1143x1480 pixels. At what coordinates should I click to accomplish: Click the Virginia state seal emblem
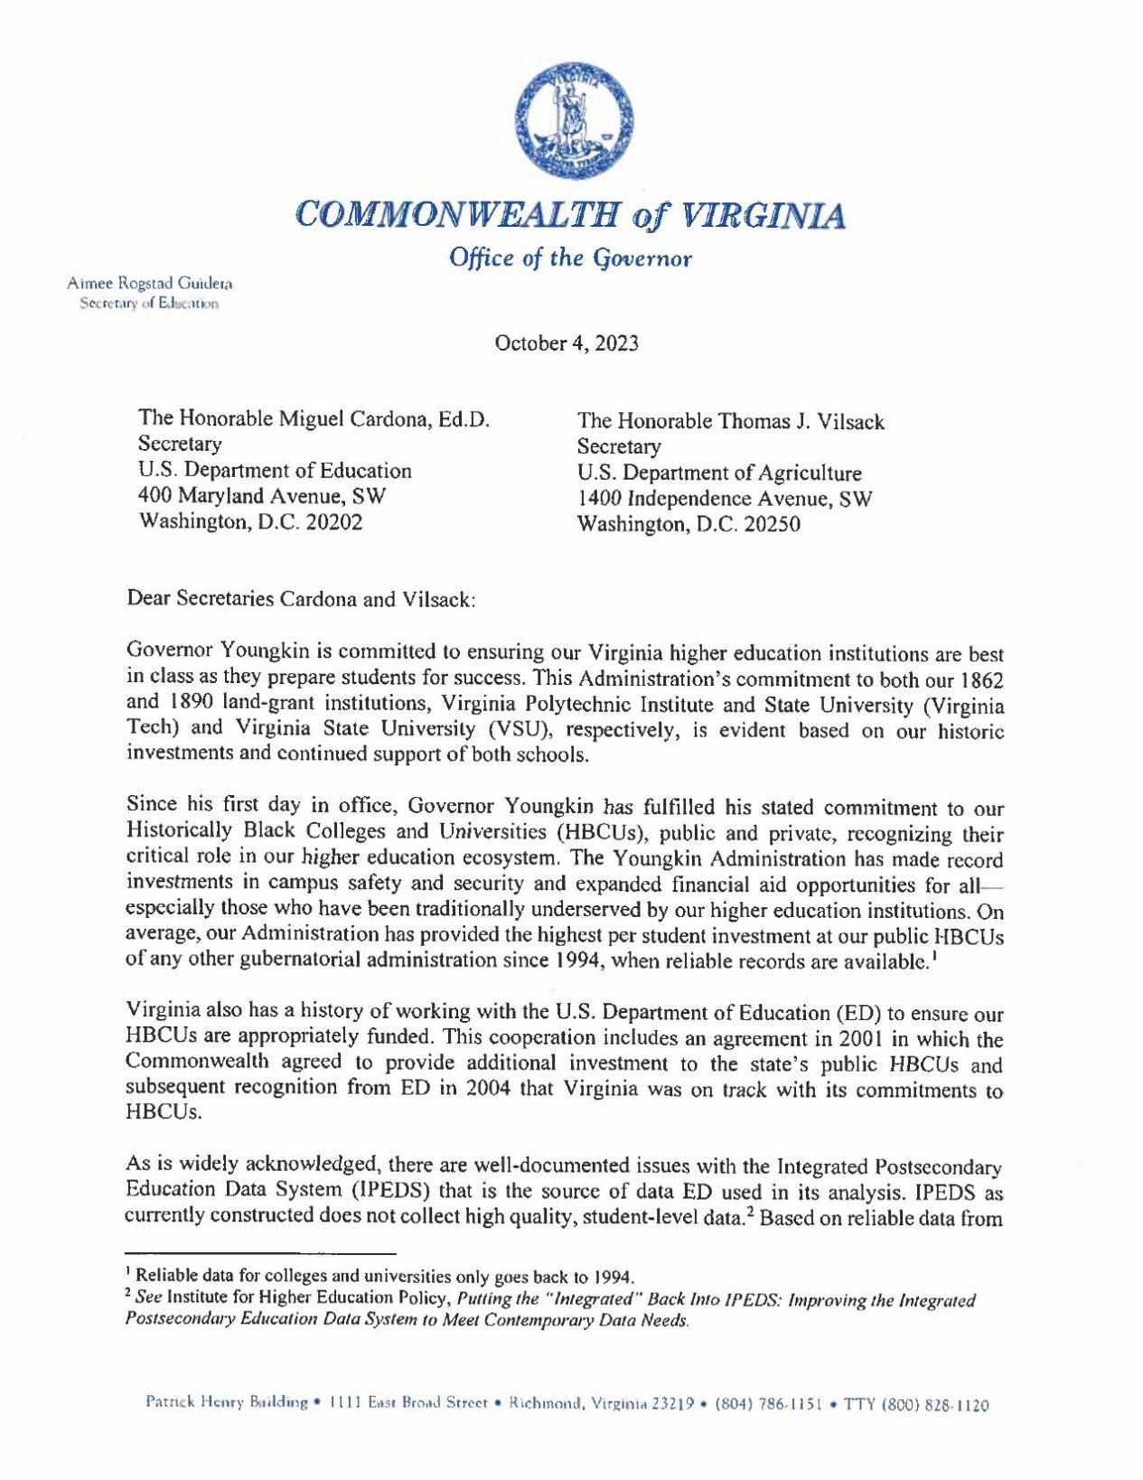(x=574, y=121)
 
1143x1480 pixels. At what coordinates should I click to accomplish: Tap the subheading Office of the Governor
(x=571, y=258)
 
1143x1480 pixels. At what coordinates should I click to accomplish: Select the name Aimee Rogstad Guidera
(x=150, y=283)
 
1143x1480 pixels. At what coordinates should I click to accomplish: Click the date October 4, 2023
(x=567, y=343)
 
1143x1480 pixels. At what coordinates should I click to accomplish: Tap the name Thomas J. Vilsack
(x=801, y=422)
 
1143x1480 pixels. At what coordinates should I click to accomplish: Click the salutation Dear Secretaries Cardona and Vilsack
(x=301, y=599)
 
